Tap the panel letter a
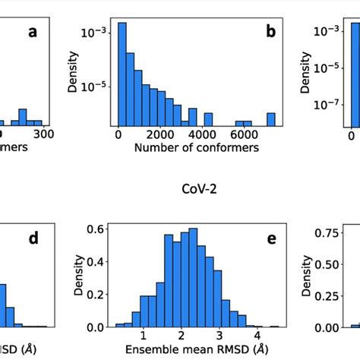pyautogui.click(x=32, y=34)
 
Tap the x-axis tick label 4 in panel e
pyautogui.click(x=257, y=336)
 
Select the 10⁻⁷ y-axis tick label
pyautogui.click(x=328, y=107)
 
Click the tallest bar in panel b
pyautogui.click(x=122, y=76)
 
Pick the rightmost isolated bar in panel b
pyautogui.click(x=271, y=119)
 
